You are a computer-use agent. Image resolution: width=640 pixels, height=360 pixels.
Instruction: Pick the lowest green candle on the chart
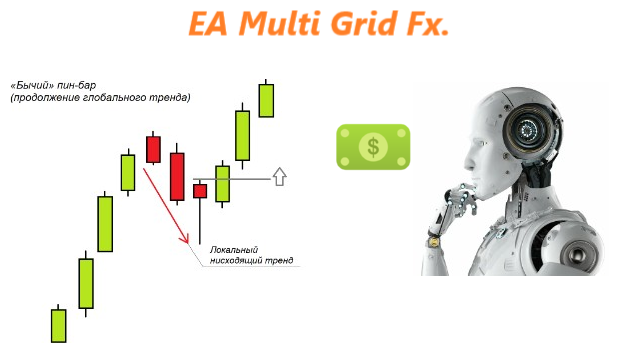click(x=58, y=325)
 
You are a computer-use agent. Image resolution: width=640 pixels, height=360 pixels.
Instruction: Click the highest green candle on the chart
click(x=266, y=100)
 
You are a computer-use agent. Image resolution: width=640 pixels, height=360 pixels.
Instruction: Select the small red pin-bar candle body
click(x=200, y=190)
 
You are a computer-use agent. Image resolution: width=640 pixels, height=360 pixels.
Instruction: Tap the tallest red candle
click(x=177, y=176)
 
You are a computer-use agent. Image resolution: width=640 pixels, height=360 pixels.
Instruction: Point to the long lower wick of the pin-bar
click(x=200, y=222)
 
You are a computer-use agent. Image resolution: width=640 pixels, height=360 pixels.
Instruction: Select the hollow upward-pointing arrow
click(x=280, y=177)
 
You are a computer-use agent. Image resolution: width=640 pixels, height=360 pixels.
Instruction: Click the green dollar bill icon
click(x=373, y=147)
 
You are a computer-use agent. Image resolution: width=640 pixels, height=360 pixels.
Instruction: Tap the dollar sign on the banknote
click(x=373, y=147)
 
